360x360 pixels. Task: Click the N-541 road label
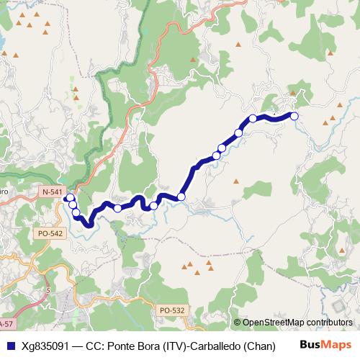52,192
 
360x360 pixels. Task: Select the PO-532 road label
172,310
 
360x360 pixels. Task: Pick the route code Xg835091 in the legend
44,345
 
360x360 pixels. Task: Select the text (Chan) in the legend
258,345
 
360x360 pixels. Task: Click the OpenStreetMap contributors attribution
294,323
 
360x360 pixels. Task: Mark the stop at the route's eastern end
294,116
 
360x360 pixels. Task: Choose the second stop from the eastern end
253,118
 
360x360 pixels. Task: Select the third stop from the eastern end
238,132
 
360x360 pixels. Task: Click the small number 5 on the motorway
48,289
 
